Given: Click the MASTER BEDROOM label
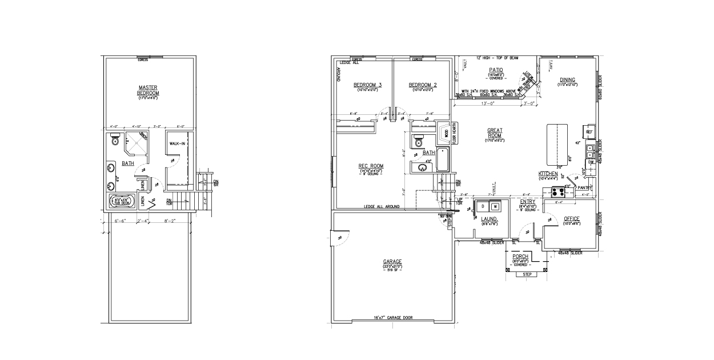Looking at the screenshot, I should (148, 91).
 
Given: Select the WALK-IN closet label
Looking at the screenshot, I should (177, 143).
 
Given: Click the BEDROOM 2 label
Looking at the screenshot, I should (422, 85).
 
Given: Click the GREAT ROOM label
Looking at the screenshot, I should (495, 133).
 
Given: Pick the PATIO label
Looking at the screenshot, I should (495, 70).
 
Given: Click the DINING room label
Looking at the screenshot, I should (567, 79).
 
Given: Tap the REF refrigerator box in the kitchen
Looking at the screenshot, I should (589, 131).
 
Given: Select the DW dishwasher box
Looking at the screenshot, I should (591, 162).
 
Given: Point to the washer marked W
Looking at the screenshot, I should (495, 206).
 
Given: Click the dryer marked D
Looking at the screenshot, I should (483, 206).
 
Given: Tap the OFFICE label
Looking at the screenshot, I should (571, 219).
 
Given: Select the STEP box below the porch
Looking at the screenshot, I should (527, 275).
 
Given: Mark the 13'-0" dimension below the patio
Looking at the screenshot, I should (487, 103).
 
